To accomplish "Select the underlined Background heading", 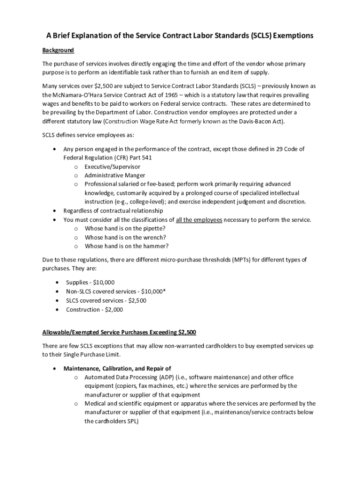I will point(58,50).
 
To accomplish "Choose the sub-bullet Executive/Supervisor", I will point(112,167).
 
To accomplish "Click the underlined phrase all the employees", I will point(199,219).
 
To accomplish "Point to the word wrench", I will point(151,237).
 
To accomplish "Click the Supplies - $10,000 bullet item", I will point(90,283).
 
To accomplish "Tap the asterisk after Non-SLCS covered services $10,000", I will point(164,291).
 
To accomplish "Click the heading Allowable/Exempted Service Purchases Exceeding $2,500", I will point(119,333).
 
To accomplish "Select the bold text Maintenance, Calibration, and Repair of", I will point(117,368).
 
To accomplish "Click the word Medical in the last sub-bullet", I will point(95,403).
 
